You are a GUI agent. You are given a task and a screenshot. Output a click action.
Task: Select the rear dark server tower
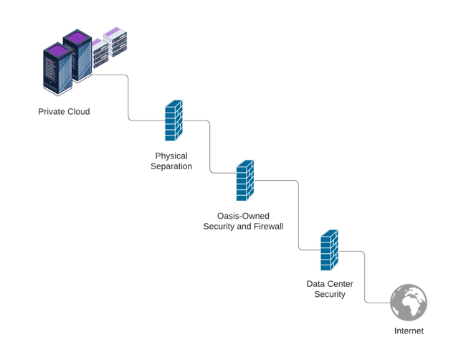pyautogui.click(x=76, y=57)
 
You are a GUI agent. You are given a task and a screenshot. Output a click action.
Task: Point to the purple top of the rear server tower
pyautogui.click(x=76, y=34)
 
